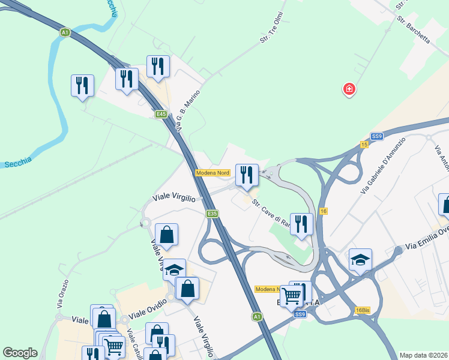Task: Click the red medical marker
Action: (349, 90)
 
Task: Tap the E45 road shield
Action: (160, 114)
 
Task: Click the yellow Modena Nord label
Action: (212, 173)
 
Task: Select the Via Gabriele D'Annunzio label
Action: (383, 166)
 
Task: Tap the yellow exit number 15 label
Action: (364, 145)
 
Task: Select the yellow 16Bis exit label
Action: (362, 310)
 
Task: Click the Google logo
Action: (20, 353)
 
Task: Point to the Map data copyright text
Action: (423, 355)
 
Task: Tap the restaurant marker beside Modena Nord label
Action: (247, 175)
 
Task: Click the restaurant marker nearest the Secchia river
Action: (82, 86)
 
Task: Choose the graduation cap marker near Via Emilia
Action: (360, 260)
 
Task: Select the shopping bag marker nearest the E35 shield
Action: (167, 235)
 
